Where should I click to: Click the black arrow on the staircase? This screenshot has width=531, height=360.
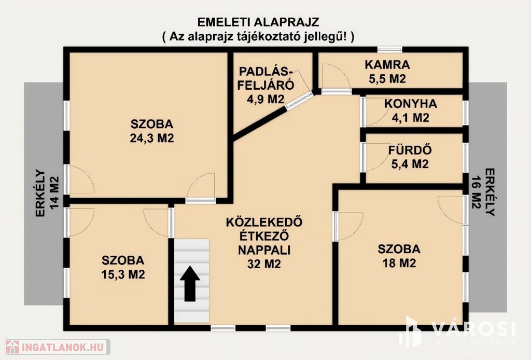click(x=190, y=283)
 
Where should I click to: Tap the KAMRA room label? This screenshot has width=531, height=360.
click(x=387, y=64)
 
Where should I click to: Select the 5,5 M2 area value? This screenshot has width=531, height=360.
click(x=387, y=79)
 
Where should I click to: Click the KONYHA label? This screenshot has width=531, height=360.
click(x=411, y=103)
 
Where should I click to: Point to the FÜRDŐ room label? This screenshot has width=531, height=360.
click(x=410, y=149)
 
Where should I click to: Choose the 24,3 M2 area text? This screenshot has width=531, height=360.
click(x=152, y=138)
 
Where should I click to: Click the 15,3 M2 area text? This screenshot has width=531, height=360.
click(x=123, y=274)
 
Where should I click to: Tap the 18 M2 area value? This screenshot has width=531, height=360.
click(x=399, y=263)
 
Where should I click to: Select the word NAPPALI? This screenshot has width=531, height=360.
click(x=264, y=250)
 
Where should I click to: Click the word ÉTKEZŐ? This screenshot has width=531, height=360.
click(x=264, y=236)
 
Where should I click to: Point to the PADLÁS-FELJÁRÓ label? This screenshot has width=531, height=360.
click(x=265, y=78)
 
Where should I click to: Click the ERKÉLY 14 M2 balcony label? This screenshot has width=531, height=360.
click(x=47, y=193)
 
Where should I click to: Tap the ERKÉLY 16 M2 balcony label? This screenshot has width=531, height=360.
click(x=483, y=192)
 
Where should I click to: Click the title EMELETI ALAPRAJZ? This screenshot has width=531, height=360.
click(x=258, y=22)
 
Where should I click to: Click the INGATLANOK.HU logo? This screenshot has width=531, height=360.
click(x=58, y=347)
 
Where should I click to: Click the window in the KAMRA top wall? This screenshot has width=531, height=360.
click(x=390, y=49)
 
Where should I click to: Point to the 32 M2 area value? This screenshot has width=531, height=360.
click(x=264, y=264)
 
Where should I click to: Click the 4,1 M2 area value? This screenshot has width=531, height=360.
click(x=411, y=118)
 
